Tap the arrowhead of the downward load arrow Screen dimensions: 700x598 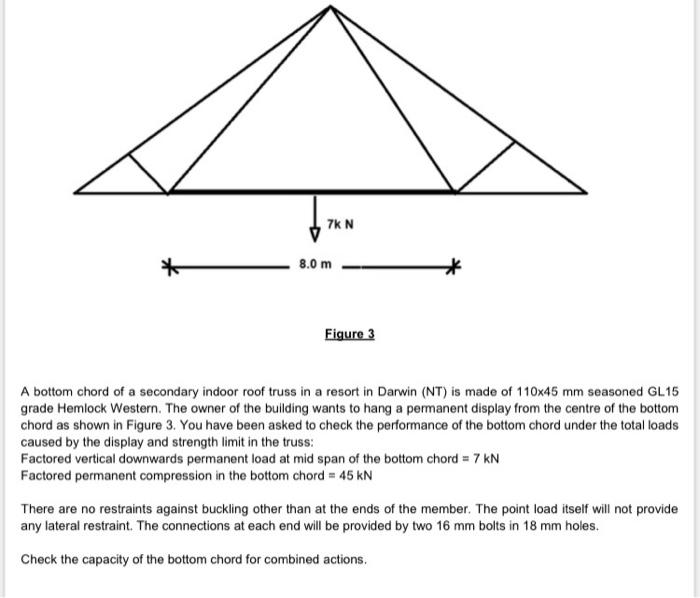(315, 235)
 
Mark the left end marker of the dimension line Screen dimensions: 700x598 (171, 266)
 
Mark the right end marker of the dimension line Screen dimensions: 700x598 (456, 266)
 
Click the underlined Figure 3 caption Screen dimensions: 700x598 (349, 334)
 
